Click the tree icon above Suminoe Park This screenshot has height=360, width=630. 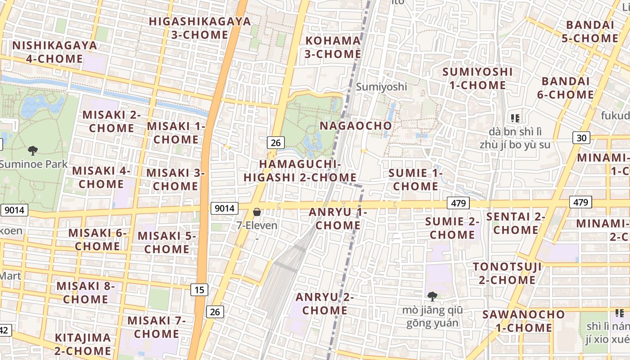coord(32,150)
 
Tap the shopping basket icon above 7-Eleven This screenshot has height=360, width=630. coord(257,211)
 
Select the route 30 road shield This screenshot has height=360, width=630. coord(581,138)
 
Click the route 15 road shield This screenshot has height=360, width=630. coord(199,290)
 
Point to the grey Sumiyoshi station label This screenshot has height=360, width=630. coord(381,87)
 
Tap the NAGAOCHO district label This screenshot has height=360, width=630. coord(355,126)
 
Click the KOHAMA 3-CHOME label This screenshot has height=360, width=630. coord(333,47)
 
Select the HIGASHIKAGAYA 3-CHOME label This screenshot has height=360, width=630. coord(200,28)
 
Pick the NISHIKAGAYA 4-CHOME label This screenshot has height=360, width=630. coord(54,52)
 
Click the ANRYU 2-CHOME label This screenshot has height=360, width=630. coord(324,304)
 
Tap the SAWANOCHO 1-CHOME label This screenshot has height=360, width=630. coord(523,321)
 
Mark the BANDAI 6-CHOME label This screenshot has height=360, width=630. coord(567,88)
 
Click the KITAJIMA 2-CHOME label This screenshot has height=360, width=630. coord(83,344)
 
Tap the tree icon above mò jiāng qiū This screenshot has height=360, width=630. coord(432,296)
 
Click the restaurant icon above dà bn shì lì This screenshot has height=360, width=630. coord(515,118)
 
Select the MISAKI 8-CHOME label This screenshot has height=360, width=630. coord(85,292)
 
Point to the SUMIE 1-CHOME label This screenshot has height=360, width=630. coord(415,180)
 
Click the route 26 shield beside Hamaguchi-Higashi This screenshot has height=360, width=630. coord(275,143)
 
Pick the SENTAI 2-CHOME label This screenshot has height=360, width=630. coord(516,223)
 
